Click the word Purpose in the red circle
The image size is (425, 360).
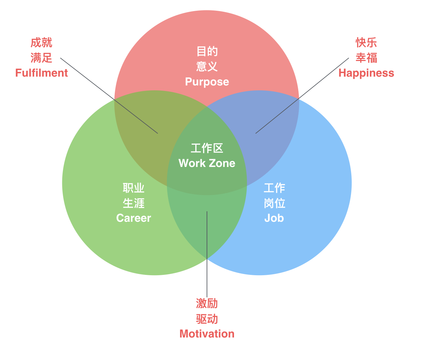(207, 82)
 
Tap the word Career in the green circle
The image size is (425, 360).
(134, 218)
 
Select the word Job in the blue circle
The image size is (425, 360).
(274, 218)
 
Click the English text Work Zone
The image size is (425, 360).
(207, 163)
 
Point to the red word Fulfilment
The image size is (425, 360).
(41, 73)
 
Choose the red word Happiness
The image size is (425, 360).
(366, 73)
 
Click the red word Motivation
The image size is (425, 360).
(207, 334)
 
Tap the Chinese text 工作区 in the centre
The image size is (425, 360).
(207, 148)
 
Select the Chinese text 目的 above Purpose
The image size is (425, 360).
(207, 51)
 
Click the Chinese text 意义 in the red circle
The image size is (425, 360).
(207, 67)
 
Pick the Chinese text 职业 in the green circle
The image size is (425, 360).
(134, 188)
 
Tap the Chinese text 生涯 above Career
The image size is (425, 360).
(134, 203)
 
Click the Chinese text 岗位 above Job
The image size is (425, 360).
(274, 203)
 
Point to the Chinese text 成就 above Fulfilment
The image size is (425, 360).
(41, 43)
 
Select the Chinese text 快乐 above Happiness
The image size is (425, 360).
(366, 43)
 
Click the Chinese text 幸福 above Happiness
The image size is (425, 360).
(366, 58)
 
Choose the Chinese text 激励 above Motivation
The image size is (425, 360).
(207, 304)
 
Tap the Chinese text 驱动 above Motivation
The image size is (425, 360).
(207, 319)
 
